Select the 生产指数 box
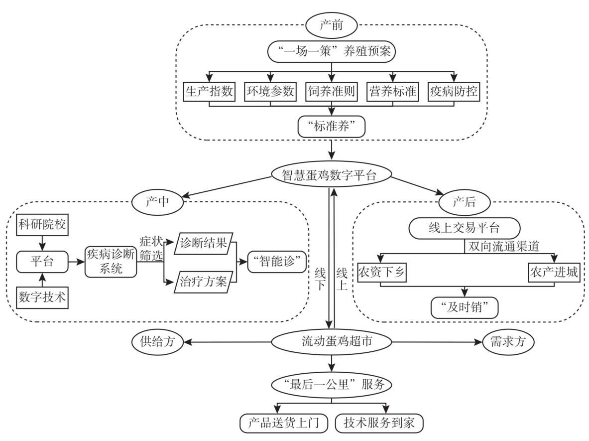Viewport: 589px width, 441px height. (x=209, y=92)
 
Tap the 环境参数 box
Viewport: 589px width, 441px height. (x=270, y=92)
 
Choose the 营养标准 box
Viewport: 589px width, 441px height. (x=393, y=92)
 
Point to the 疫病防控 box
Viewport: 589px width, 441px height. (x=454, y=92)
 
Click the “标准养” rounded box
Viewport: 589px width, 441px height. (x=331, y=127)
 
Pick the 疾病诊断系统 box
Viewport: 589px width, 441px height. (x=110, y=261)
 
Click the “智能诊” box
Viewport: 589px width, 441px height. (x=277, y=263)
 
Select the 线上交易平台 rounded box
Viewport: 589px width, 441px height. (x=465, y=229)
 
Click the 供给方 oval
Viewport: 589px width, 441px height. (x=157, y=342)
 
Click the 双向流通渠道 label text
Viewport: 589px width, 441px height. (x=502, y=246)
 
